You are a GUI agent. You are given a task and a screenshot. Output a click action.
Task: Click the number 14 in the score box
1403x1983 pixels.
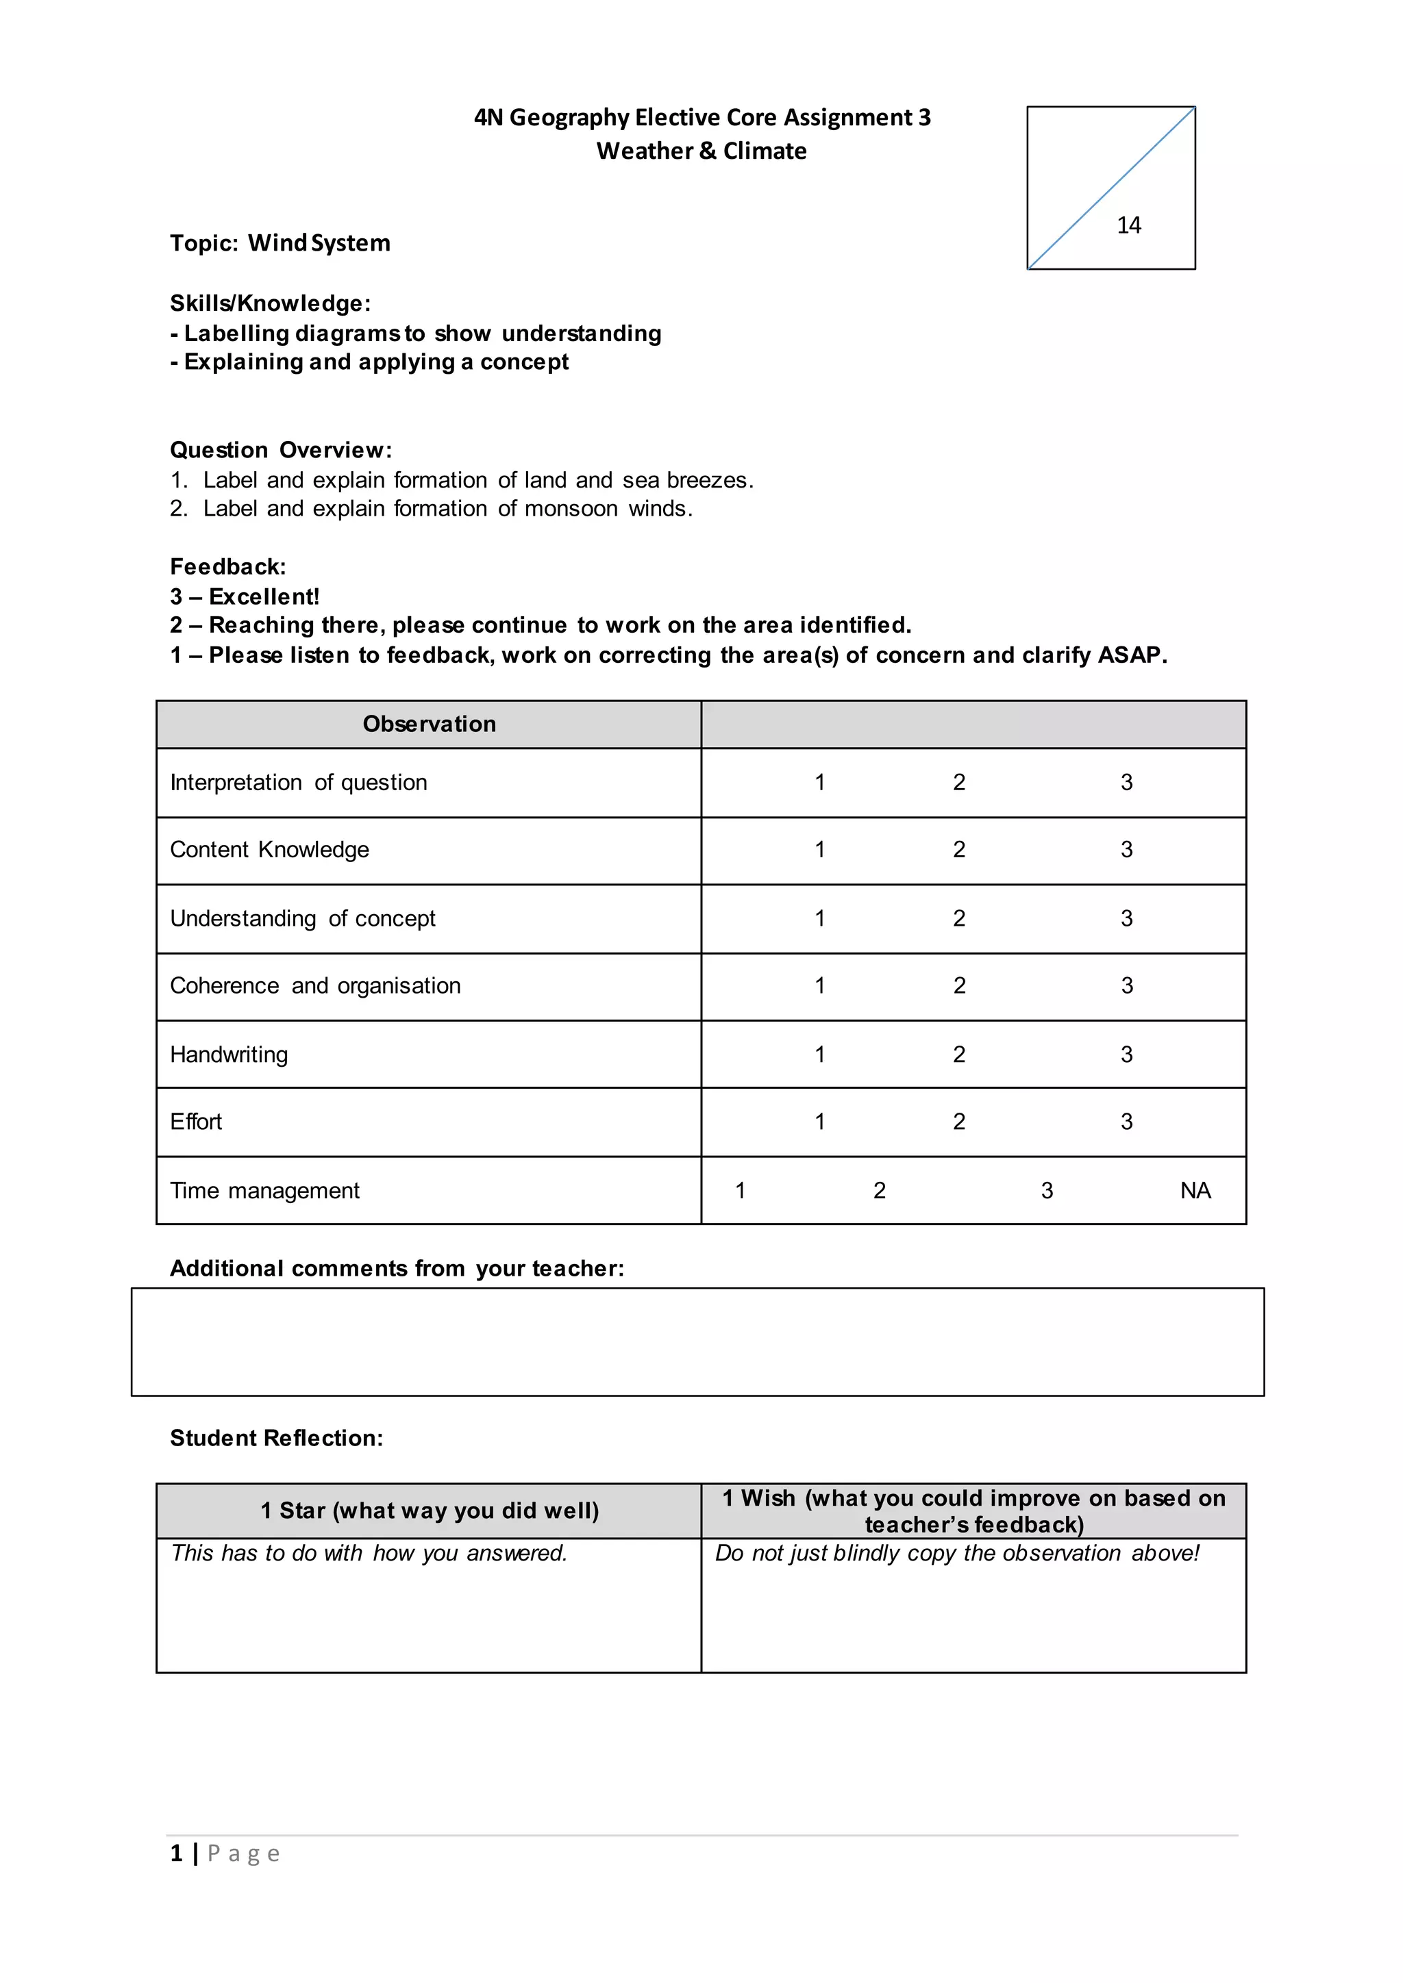click(x=1128, y=225)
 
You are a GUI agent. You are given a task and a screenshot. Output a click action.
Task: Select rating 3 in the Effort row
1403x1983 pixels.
click(x=1126, y=1122)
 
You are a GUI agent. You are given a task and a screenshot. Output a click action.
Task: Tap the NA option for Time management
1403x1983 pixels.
click(x=1195, y=1191)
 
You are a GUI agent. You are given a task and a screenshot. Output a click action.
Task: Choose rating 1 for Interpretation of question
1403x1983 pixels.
click(x=819, y=783)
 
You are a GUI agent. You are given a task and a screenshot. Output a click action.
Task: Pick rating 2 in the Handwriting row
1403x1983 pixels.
click(x=959, y=1054)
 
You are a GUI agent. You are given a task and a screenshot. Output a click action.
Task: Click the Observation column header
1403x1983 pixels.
click(x=430, y=724)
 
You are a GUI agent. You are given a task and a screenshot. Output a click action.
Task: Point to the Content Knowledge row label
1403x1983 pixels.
click(x=269, y=850)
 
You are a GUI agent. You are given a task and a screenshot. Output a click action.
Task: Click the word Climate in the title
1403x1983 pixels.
click(x=765, y=151)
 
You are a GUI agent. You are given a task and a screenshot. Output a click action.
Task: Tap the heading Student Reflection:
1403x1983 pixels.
click(x=277, y=1438)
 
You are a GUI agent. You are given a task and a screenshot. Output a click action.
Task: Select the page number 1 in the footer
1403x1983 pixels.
click(x=176, y=1854)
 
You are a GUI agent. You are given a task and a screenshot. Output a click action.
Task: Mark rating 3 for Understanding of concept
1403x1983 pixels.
click(x=1126, y=918)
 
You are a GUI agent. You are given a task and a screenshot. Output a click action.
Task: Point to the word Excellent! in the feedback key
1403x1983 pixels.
click(x=264, y=597)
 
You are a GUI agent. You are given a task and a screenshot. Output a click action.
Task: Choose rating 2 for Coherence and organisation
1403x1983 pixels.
click(x=959, y=985)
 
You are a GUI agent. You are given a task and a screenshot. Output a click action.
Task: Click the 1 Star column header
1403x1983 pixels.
click(x=430, y=1511)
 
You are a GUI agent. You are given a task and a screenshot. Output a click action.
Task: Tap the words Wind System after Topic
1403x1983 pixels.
click(x=319, y=244)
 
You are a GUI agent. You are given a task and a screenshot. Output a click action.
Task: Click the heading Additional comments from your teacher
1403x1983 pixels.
click(x=397, y=1268)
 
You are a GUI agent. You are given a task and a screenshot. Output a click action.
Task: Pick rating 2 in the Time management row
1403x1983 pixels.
click(x=880, y=1191)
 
